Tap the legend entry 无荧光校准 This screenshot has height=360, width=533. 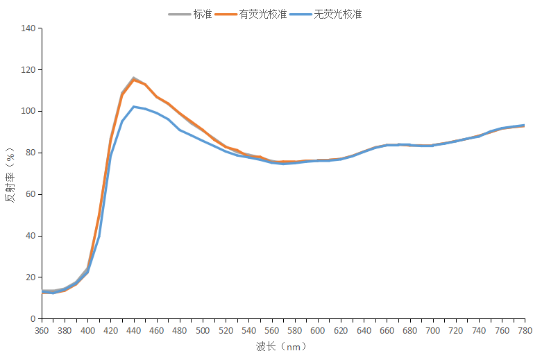(337, 14)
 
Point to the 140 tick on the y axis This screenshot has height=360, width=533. (28, 28)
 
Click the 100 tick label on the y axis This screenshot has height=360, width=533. (28, 111)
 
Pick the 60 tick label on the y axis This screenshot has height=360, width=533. (30, 194)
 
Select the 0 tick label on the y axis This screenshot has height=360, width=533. (32, 319)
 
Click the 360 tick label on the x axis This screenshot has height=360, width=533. (42, 331)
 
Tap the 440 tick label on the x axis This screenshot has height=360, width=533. (134, 331)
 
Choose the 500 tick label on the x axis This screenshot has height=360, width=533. (203, 331)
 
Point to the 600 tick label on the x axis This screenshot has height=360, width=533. (318, 331)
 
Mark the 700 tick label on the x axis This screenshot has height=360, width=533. (432, 331)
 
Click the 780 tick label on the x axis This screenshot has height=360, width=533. (524, 331)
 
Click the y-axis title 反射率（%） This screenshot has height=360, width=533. (10, 173)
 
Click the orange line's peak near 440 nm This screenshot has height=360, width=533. (134, 80)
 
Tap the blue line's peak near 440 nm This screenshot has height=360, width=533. (134, 107)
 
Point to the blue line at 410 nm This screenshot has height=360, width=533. (99, 236)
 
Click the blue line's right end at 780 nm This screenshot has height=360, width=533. (524, 126)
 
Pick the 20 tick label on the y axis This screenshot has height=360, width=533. (30, 277)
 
